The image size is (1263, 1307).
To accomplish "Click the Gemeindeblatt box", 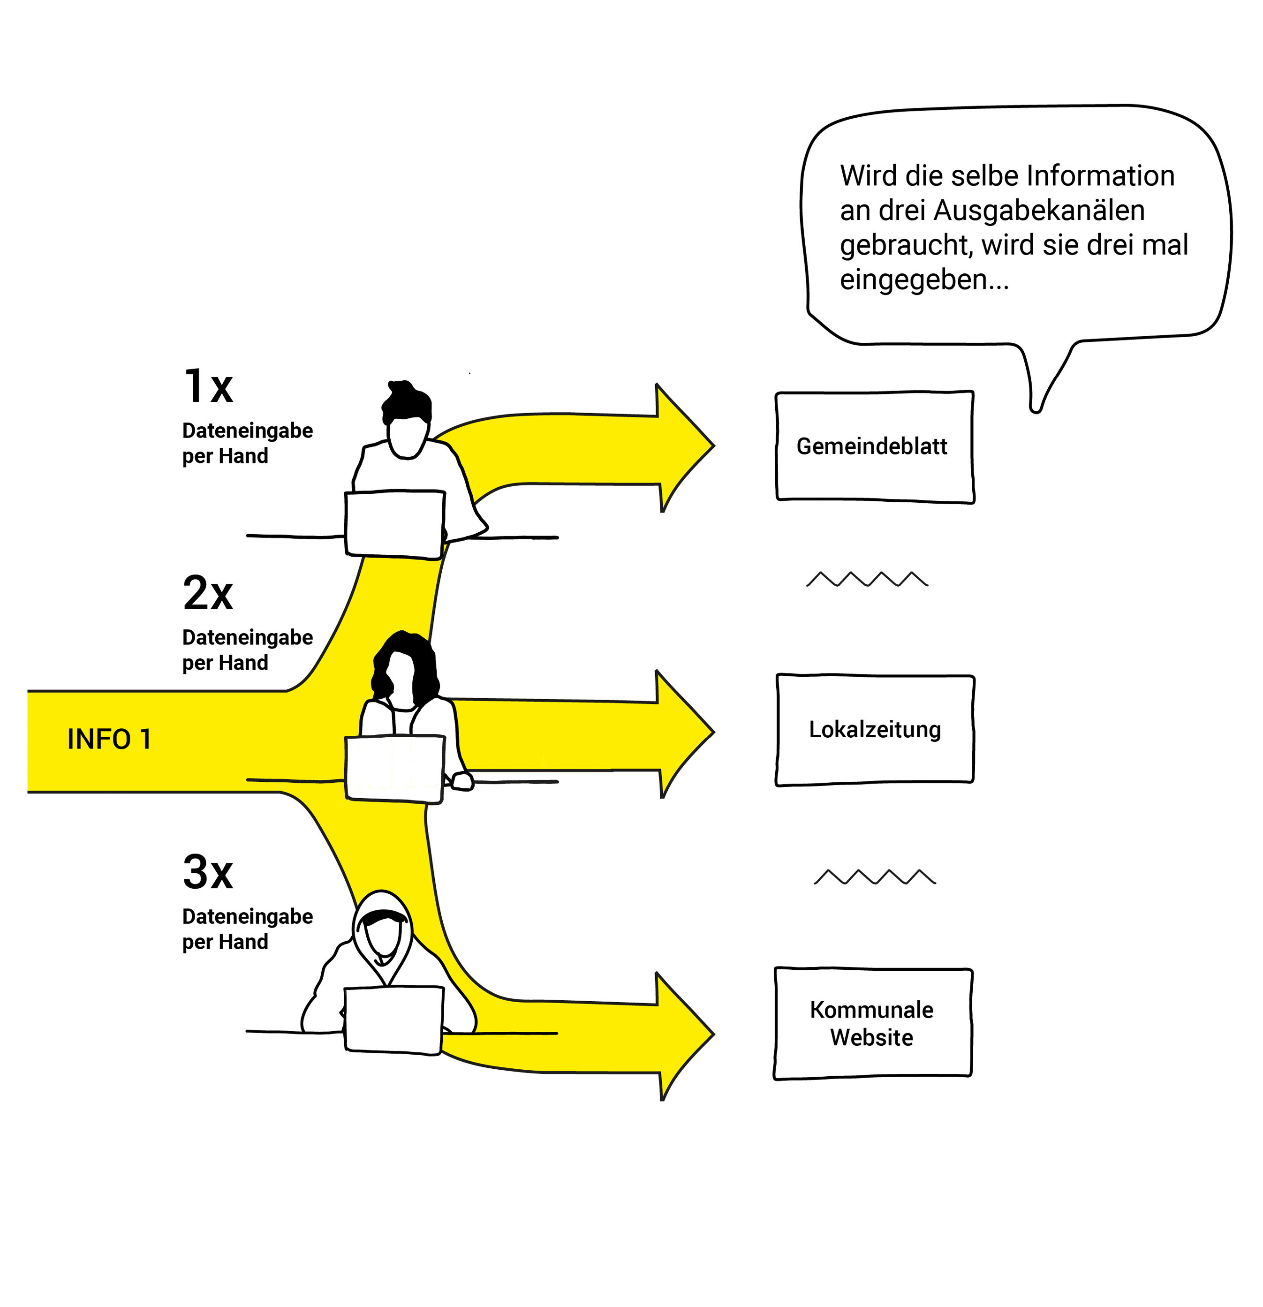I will click(x=874, y=446).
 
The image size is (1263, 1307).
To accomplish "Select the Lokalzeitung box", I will click(x=874, y=730).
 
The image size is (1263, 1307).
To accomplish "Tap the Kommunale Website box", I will click(x=872, y=1024).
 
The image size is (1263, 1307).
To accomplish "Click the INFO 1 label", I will click(x=109, y=739).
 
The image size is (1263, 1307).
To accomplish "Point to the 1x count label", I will click(x=208, y=387).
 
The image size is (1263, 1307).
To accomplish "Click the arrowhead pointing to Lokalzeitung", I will click(x=683, y=732).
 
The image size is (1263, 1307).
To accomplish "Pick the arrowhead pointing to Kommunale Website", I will click(x=683, y=1035).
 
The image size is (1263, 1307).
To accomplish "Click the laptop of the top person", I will click(x=395, y=523).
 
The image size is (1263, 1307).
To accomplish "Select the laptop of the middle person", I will click(x=395, y=768).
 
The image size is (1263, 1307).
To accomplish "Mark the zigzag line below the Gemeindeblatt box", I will click(x=867, y=579).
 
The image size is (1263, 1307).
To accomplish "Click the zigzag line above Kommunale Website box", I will click(x=874, y=877).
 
